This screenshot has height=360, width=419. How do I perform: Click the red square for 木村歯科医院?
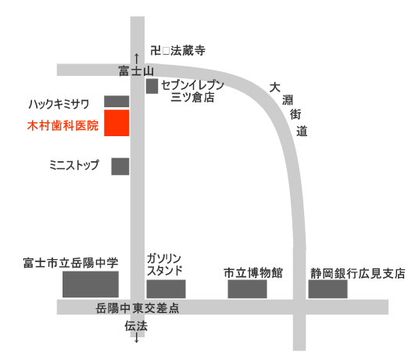[116, 122]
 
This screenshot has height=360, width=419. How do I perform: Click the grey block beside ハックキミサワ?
[116, 101]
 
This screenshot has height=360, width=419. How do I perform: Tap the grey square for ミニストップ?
[120, 166]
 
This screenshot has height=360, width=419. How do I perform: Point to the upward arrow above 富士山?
[138, 57]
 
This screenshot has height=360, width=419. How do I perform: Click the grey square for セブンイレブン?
[152, 86]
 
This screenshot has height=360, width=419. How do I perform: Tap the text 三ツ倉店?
[192, 98]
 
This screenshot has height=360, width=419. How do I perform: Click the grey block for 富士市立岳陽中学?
[91, 284]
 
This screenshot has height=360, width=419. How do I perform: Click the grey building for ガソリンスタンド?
[166, 288]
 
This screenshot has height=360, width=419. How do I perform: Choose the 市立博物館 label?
[252, 273]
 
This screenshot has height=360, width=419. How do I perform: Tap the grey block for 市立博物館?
[247, 289]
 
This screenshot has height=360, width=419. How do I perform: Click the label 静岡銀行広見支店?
[357, 273]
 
